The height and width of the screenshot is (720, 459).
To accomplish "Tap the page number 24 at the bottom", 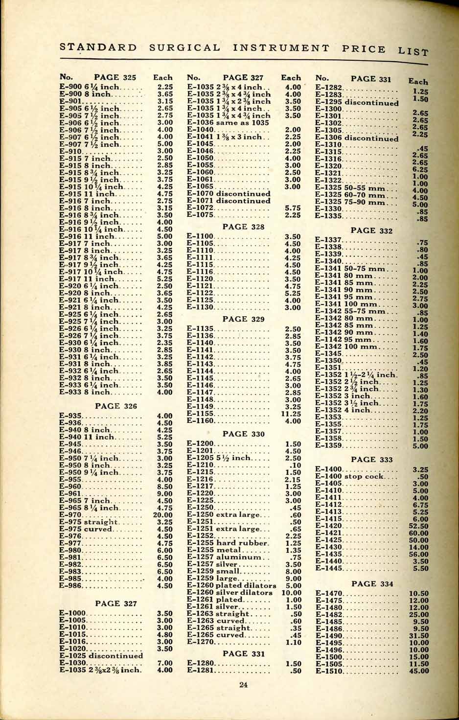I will pyautogui.click(x=243, y=684).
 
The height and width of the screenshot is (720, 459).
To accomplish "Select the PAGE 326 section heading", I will pyautogui.click(x=116, y=406).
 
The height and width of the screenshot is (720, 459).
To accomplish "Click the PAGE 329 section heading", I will pyautogui.click(x=243, y=319).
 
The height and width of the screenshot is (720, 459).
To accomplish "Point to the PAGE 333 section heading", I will pyautogui.click(x=372, y=459).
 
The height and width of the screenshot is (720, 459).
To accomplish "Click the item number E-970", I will pyautogui.click(x=70, y=515).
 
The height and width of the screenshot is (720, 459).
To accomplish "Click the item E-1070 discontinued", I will pyautogui.click(x=229, y=194).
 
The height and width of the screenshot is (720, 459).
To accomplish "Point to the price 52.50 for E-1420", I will pyautogui.click(x=418, y=526).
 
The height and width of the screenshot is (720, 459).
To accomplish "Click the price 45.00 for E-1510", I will pyautogui.click(x=418, y=671).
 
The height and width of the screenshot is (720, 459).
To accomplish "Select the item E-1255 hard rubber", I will pyautogui.click(x=228, y=543).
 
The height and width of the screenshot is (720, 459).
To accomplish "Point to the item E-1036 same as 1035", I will pyautogui.click(x=228, y=123).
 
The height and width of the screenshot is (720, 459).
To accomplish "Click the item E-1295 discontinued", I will pyautogui.click(x=357, y=103).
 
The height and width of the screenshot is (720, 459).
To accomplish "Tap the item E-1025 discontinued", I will pyautogui.click(x=101, y=655).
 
